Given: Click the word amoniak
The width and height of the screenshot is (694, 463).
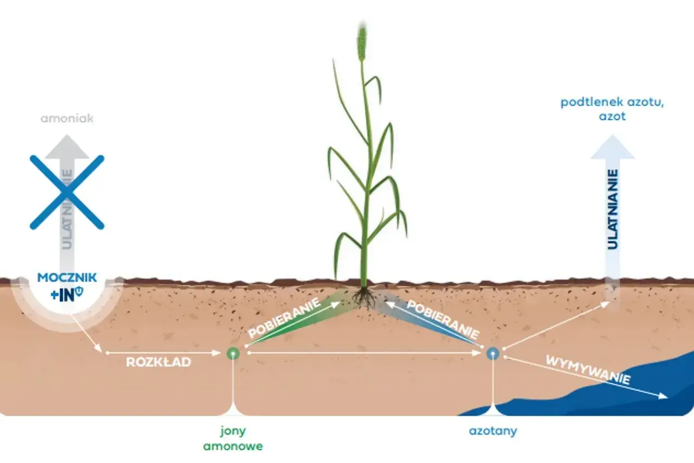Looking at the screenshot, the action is click(x=67, y=118).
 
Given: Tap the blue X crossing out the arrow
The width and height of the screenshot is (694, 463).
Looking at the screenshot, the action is click(x=67, y=192).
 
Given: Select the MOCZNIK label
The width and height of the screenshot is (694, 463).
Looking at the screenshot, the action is click(x=67, y=277).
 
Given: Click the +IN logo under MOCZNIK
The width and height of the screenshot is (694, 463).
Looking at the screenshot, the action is click(x=67, y=294).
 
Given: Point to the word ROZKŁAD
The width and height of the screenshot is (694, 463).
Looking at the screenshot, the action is click(x=158, y=362).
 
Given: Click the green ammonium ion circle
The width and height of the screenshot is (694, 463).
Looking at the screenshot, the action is click(x=233, y=353).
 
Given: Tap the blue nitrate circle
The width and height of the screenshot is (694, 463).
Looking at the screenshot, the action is click(x=493, y=353).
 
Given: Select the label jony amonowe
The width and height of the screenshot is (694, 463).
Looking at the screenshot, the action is click(x=233, y=439).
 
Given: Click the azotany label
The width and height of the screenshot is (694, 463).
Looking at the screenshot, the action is click(x=493, y=431).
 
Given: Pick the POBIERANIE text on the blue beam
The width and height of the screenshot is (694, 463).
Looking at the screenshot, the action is click(x=443, y=319).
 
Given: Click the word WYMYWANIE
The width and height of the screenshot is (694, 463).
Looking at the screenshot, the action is click(x=588, y=370).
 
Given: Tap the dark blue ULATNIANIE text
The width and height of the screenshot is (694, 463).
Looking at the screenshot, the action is click(x=613, y=210).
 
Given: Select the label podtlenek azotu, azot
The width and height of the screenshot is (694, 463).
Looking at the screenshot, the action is click(x=612, y=109).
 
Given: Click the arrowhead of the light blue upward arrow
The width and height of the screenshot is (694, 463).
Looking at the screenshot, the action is click(x=613, y=147).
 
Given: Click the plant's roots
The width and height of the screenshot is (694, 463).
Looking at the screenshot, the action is click(x=365, y=297).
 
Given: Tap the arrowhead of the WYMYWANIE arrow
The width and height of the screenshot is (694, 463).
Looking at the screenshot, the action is click(x=662, y=396).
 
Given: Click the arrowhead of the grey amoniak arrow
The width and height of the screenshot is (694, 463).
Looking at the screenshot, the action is click(x=67, y=147).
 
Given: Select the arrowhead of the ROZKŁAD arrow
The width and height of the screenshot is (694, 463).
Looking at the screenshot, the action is click(x=216, y=353).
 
